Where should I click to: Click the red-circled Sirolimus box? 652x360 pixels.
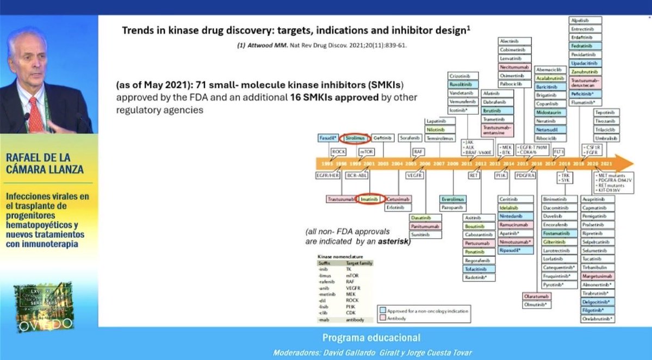[x=357, y=138]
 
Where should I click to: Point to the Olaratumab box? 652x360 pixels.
[x=536, y=296]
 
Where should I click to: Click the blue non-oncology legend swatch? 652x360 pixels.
[x=383, y=308]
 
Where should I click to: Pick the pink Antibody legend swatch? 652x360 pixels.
[x=383, y=317]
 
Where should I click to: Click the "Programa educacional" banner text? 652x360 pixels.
[x=372, y=338]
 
